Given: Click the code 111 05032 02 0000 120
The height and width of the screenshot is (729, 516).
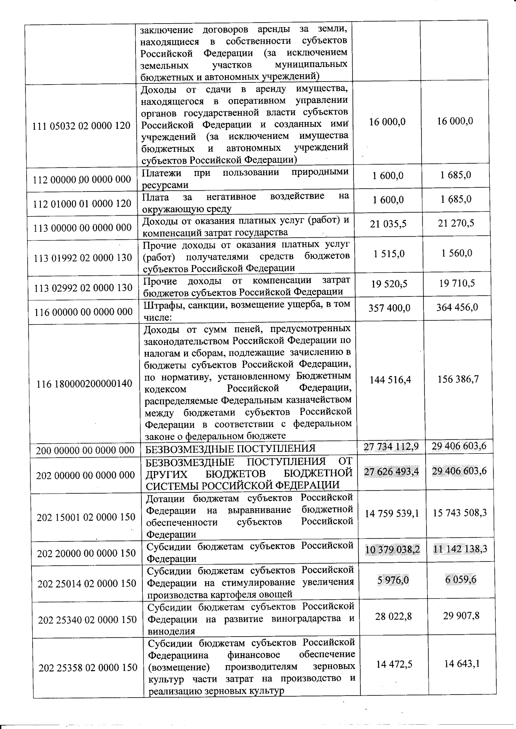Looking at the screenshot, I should pos(82,126).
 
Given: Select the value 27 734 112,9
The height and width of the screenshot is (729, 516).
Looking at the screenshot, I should pos(391,447).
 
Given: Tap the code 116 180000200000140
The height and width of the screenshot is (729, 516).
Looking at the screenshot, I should pos(85,384).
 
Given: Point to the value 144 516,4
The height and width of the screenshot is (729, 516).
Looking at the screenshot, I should pos(390,380).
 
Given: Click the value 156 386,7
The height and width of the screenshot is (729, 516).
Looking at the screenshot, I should pos(458,379).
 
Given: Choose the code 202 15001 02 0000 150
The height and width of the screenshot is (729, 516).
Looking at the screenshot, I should pos(86,517).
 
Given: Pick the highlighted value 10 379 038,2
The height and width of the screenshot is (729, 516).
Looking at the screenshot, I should pos(392,549).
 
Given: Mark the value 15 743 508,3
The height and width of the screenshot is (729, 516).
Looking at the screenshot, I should pos(460,513).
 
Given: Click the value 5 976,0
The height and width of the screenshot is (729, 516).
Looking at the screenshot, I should pos(393,580).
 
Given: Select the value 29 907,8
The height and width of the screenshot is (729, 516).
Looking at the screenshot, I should pos(461,616).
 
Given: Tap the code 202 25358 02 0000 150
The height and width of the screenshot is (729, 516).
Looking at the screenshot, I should pos(88,668).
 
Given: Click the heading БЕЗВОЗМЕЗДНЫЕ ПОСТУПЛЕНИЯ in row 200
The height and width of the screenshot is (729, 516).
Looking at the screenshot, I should pos(230,449).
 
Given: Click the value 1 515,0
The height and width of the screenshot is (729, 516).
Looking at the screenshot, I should pos(389,254).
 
